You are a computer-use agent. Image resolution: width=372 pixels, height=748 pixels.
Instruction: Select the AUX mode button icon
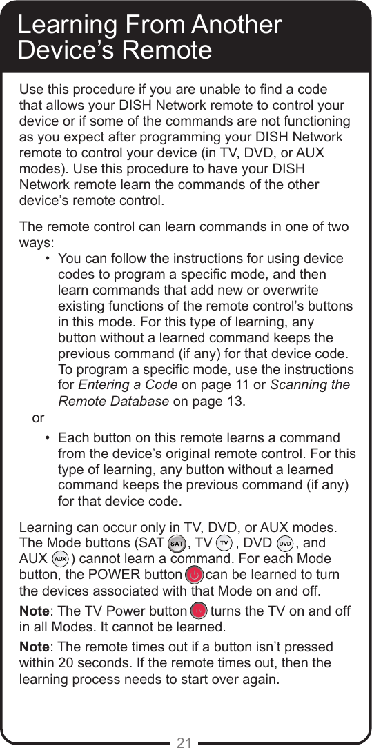click(60, 558)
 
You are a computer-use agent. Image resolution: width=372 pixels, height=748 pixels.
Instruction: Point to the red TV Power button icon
click(199, 611)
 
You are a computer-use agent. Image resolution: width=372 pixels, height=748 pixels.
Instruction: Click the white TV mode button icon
click(224, 544)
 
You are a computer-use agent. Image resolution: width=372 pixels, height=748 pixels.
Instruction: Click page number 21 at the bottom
click(184, 742)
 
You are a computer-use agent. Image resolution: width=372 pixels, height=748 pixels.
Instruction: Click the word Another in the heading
click(236, 25)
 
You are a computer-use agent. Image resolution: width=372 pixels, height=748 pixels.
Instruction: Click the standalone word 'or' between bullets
click(38, 418)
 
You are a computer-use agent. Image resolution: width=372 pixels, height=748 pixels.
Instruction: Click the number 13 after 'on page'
click(233, 401)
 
